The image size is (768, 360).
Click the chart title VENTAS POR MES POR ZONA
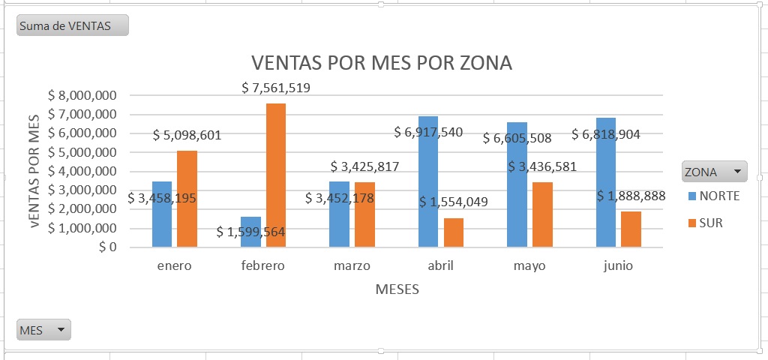[381, 63]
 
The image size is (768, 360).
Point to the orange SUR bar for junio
[631, 229]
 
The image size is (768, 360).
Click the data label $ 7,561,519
[276, 88]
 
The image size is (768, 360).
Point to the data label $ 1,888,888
[631, 196]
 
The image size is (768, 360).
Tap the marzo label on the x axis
[352, 266]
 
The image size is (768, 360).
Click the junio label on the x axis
[618, 266]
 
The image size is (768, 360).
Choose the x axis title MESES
[397, 289]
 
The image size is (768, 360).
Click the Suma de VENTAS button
[72, 26]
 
